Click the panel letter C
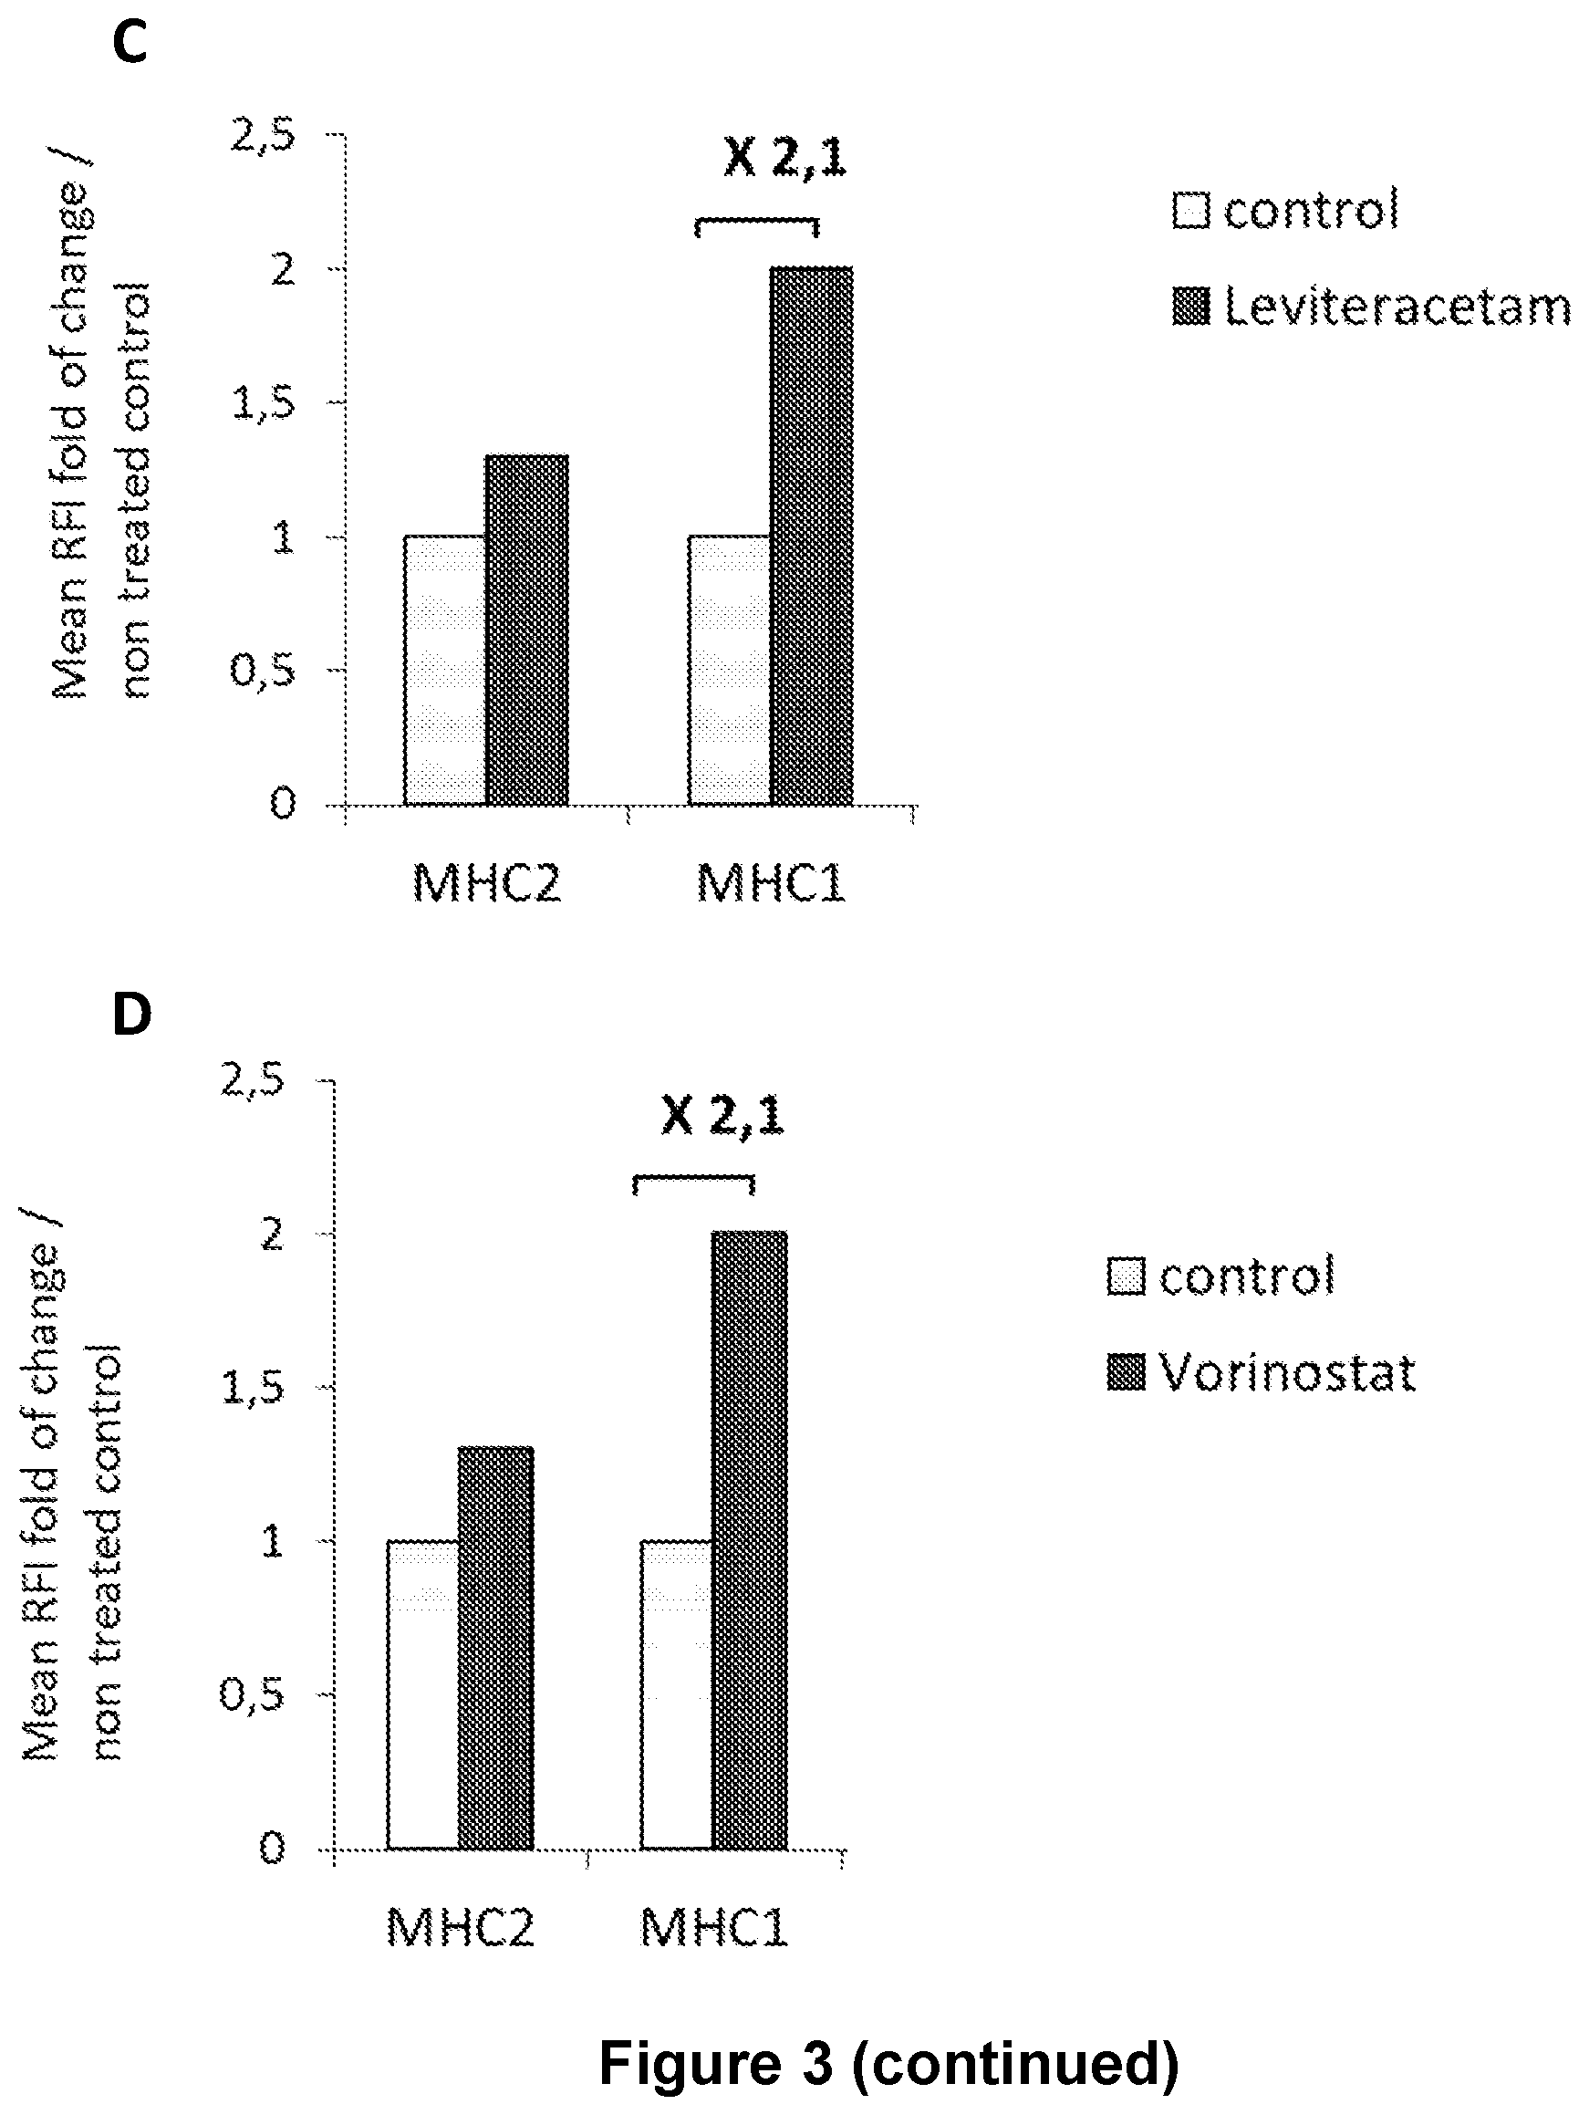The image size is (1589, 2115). [130, 43]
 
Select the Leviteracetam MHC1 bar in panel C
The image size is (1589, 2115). [811, 536]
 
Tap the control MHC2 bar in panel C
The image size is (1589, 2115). [444, 670]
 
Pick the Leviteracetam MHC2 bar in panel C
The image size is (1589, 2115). [527, 630]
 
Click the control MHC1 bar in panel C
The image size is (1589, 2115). [730, 670]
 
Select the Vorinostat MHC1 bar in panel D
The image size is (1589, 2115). [750, 1540]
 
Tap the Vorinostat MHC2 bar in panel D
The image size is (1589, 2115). [495, 1648]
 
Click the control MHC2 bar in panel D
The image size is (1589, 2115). [422, 1694]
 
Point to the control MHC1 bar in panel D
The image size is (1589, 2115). [677, 1694]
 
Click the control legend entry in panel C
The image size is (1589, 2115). [1286, 208]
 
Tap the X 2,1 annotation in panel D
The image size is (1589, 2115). [722, 1115]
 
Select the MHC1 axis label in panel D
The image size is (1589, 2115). [713, 1928]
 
